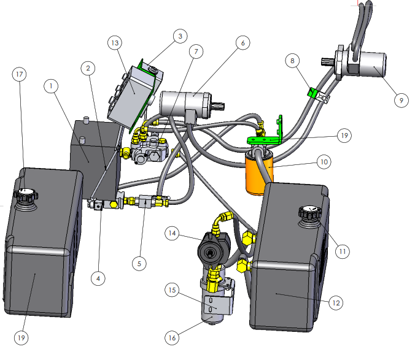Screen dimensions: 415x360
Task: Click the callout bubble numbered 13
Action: pyautogui.click(x=115, y=43)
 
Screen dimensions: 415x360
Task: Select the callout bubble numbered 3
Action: pyautogui.click(x=180, y=36)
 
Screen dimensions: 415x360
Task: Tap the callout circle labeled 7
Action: pyautogui.click(x=196, y=52)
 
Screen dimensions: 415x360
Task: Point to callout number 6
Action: pyautogui.click(x=243, y=42)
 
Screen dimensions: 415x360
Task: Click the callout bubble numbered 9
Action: pyautogui.click(x=401, y=101)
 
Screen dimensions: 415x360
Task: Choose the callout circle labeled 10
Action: pyautogui.click(x=324, y=162)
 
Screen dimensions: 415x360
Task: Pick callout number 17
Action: pyautogui.click(x=19, y=74)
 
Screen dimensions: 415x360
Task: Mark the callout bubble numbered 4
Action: pyautogui.click(x=98, y=278)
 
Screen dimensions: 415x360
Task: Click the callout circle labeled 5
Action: pyautogui.click(x=139, y=264)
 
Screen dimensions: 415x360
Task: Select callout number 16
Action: pyautogui.click(x=172, y=337)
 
